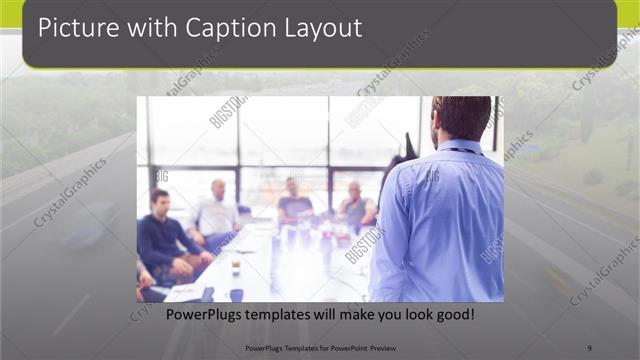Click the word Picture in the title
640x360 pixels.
tap(75, 28)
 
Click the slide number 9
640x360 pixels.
tap(590, 347)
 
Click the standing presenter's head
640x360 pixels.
tap(462, 116)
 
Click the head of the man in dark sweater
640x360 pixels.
tap(158, 198)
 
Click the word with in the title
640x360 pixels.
tap(150, 28)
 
